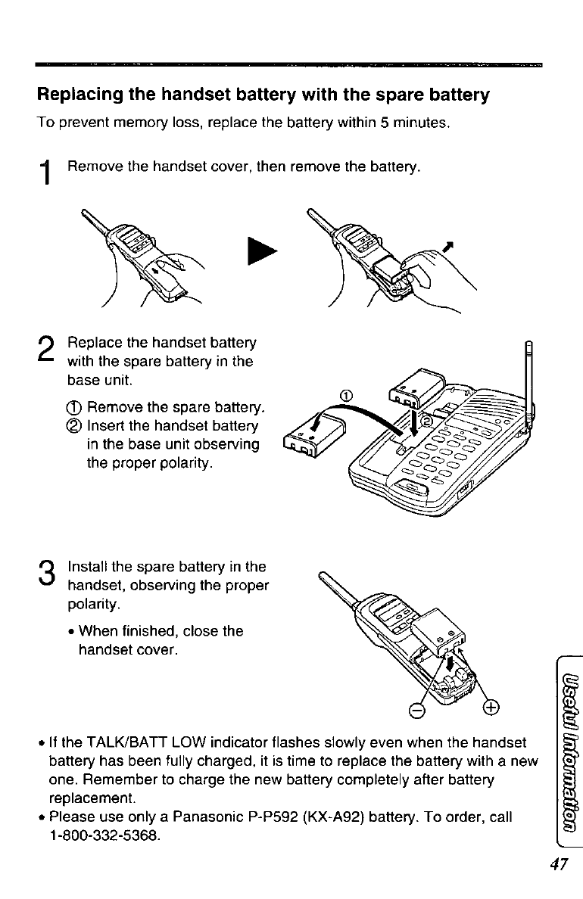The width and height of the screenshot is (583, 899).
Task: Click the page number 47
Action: point(559,864)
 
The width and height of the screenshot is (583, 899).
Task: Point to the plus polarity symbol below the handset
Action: point(490,708)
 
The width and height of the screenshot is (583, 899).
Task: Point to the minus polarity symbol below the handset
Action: point(415,709)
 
